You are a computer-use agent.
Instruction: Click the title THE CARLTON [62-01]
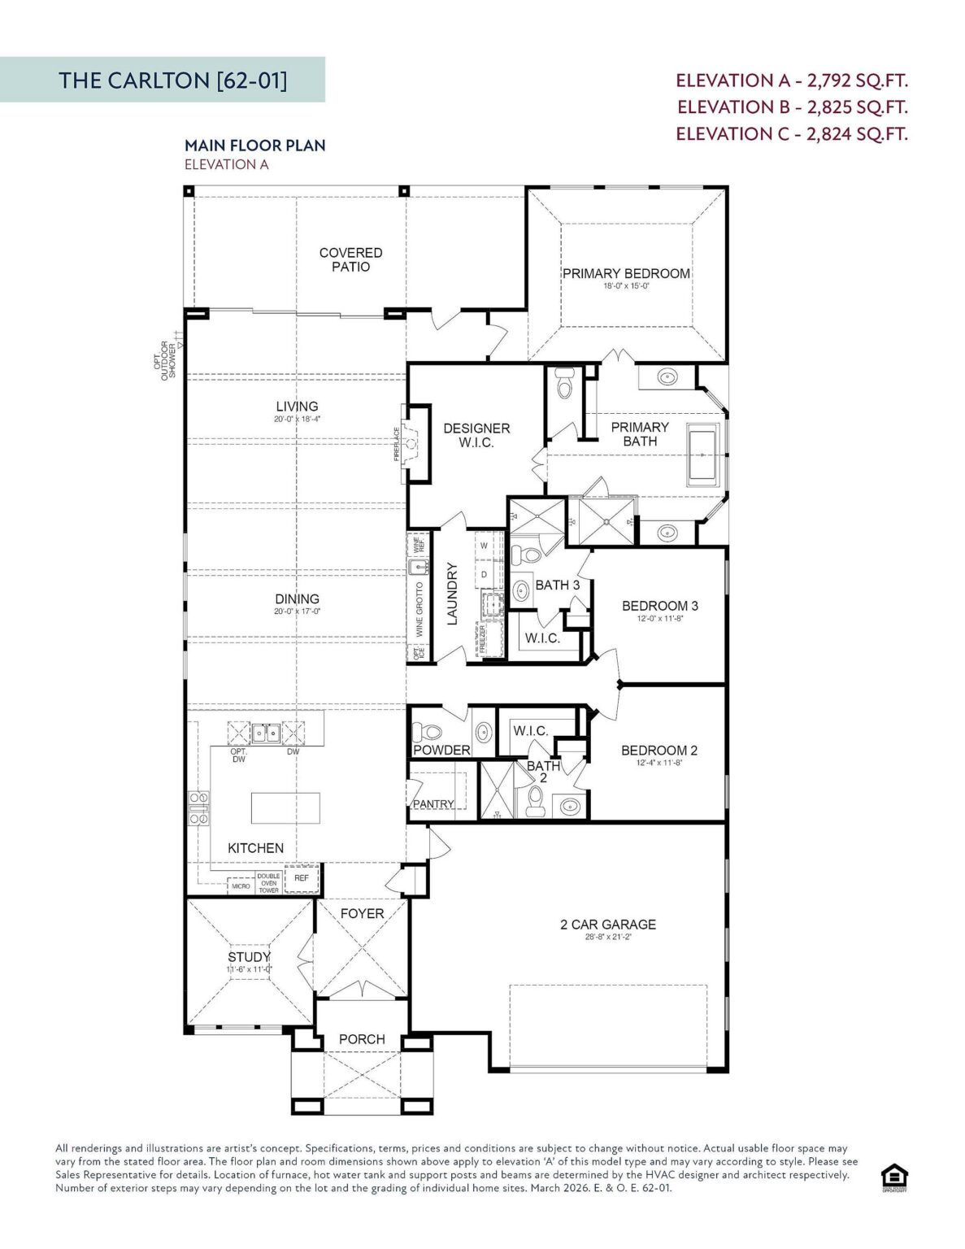(x=172, y=80)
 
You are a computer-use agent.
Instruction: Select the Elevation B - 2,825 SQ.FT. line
(x=792, y=107)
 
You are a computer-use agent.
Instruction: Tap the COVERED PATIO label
(x=350, y=259)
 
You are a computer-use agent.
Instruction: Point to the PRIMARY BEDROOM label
(x=626, y=274)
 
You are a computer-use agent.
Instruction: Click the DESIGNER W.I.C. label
(x=476, y=435)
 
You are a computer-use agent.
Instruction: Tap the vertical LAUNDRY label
(x=452, y=594)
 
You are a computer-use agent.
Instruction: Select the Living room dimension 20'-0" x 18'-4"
(x=297, y=420)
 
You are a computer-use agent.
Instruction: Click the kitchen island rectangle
(x=285, y=807)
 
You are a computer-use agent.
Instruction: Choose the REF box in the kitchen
(x=302, y=878)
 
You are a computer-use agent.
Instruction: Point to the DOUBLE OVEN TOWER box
(x=268, y=883)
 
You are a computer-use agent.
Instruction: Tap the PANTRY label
(x=433, y=803)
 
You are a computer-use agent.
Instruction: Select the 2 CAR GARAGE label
(x=607, y=925)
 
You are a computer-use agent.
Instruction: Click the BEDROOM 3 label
(x=659, y=606)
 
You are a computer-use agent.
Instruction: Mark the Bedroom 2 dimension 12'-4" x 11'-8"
(x=659, y=764)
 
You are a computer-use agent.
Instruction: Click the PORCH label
(x=362, y=1039)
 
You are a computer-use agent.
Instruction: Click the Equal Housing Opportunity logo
(x=894, y=1177)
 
